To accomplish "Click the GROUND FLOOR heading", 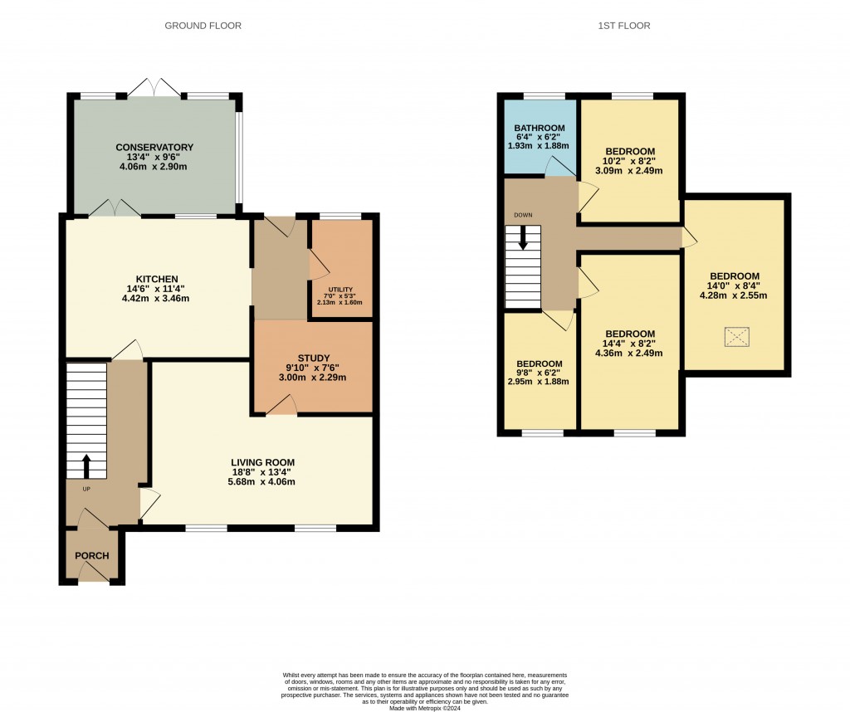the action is [x=203, y=26].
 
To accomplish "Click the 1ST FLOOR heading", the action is [x=624, y=26].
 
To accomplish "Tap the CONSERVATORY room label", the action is [x=154, y=148].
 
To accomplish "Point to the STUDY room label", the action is [x=313, y=358].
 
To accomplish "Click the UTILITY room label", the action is [x=340, y=290].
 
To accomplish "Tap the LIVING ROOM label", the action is [x=263, y=463].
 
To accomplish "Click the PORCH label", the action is [x=91, y=556].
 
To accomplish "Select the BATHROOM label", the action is [x=540, y=129].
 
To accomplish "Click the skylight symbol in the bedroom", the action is [x=737, y=337].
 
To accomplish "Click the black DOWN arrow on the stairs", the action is [x=523, y=237].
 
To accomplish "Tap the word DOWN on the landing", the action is [x=523, y=215].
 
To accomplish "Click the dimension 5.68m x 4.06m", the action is [x=261, y=481].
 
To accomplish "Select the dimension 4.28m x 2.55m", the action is [x=734, y=296].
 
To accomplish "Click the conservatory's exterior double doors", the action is [x=155, y=88].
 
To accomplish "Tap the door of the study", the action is [x=281, y=406].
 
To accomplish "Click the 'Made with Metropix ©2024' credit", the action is [x=425, y=708].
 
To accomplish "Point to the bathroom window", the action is [x=544, y=96].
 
